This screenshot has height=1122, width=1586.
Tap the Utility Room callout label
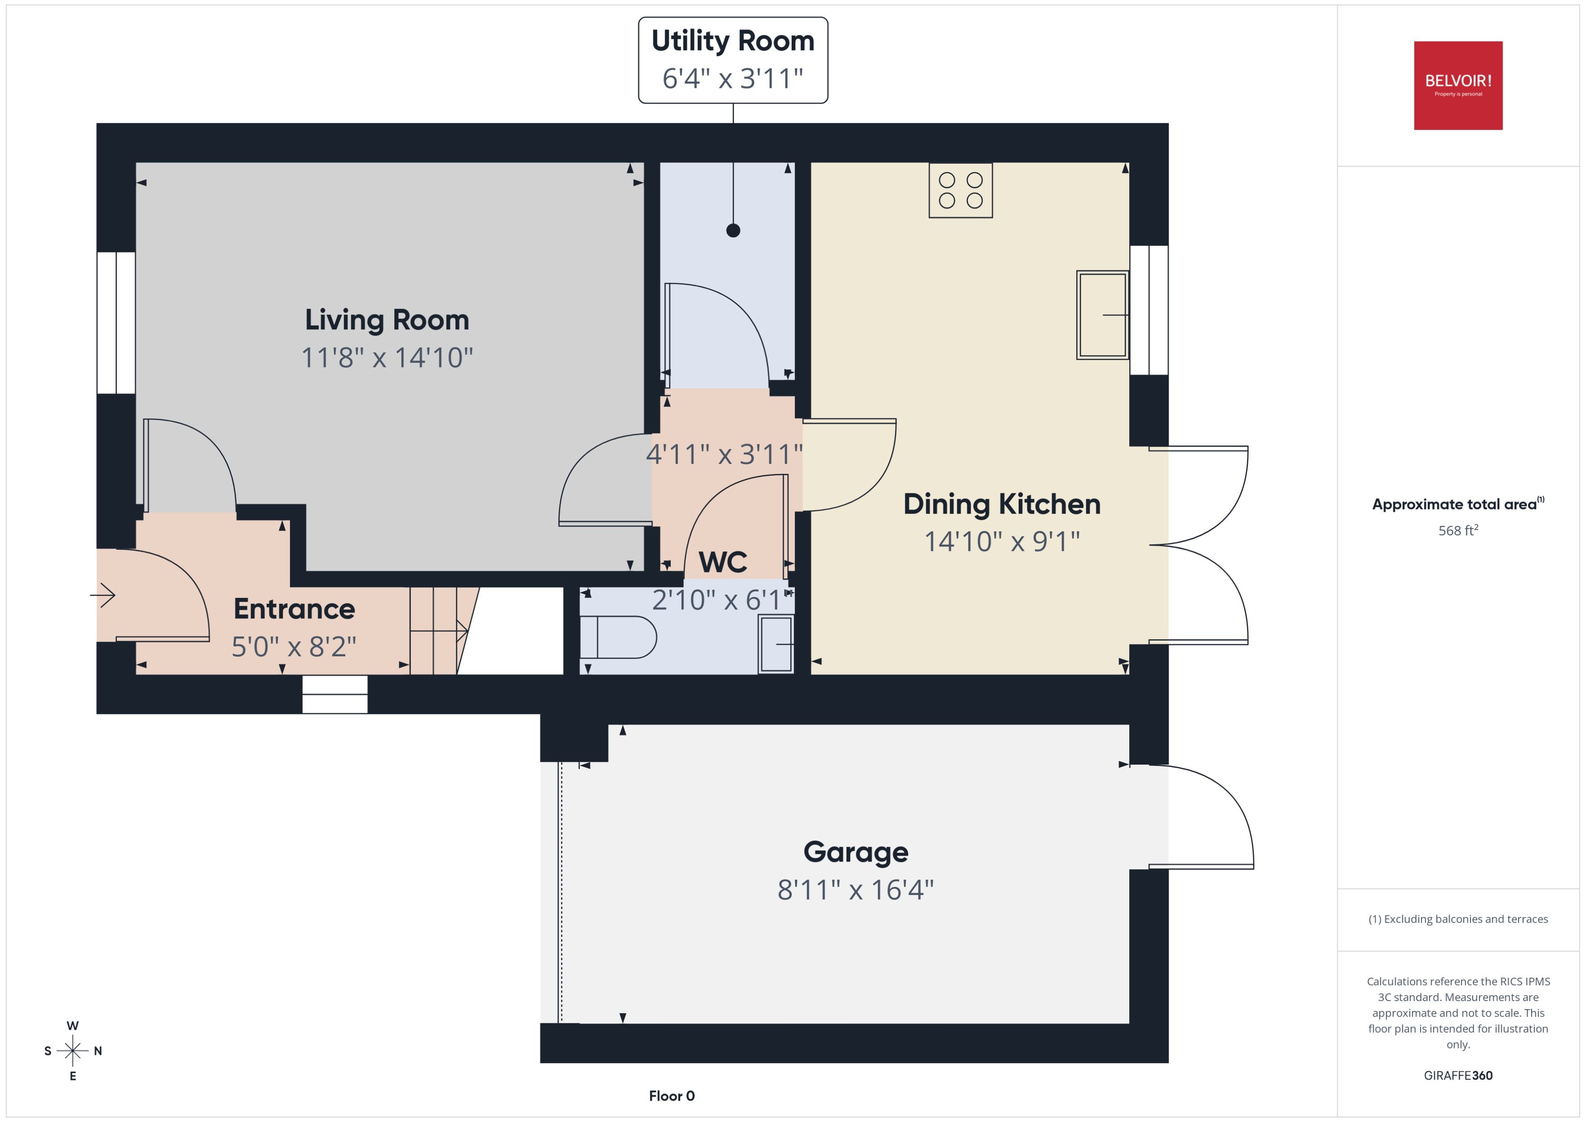(x=733, y=60)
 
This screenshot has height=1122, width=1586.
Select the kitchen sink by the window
(x=1102, y=315)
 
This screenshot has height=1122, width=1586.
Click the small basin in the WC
(x=775, y=645)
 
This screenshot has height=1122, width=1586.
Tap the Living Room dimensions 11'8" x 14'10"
(x=387, y=358)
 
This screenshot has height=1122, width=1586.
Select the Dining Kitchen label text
(x=1001, y=504)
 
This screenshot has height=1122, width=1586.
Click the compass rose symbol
(x=73, y=1051)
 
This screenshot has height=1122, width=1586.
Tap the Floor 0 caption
(x=671, y=1096)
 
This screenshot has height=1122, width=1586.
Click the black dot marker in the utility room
(x=733, y=231)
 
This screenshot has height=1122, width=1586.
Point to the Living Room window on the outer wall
(x=116, y=323)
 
